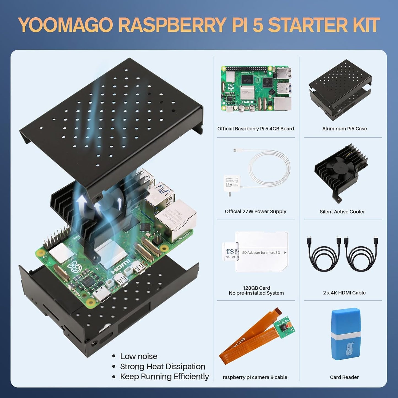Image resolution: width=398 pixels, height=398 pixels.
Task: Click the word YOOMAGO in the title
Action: [x=66, y=25]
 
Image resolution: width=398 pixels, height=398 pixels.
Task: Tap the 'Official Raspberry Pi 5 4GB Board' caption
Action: [x=256, y=129]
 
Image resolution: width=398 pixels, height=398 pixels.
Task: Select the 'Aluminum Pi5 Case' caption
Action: [x=344, y=129]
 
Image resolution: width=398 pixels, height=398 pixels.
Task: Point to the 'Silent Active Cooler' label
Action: [x=342, y=212]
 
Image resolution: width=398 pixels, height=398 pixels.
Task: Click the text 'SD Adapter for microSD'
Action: [x=261, y=253]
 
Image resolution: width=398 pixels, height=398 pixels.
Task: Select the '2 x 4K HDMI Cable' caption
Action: [x=344, y=293]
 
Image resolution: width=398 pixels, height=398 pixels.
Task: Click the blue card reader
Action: [x=346, y=334]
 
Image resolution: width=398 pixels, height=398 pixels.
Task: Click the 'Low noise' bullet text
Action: [x=139, y=356]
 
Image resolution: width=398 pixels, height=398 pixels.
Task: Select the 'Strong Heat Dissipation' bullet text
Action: [x=163, y=366]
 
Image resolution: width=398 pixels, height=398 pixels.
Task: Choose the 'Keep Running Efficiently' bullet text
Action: [x=164, y=377]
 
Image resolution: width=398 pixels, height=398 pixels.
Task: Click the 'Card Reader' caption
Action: [x=344, y=377]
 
